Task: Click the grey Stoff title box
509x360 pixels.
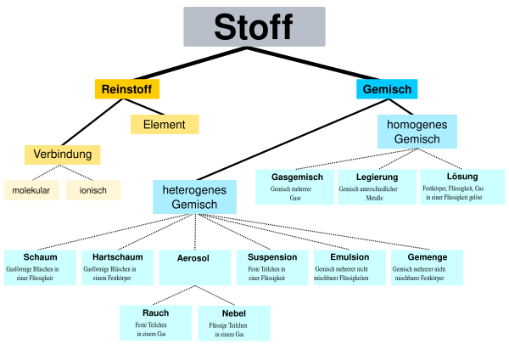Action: pyautogui.click(x=254, y=26)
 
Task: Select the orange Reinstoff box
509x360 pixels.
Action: pyautogui.click(x=126, y=89)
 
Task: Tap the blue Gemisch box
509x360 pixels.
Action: pyautogui.click(x=387, y=89)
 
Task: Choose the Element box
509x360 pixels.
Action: pyautogui.click(x=165, y=125)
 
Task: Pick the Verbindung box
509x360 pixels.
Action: pyautogui.click(x=63, y=155)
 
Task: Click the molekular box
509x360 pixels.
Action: pyautogui.click(x=31, y=190)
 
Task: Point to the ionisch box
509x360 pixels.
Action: pyautogui.click(x=93, y=190)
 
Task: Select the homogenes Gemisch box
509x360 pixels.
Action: pyautogui.click(x=417, y=132)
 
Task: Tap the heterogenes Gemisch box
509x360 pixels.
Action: pyautogui.click(x=194, y=197)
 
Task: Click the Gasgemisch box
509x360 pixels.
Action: pyautogui.click(x=295, y=187)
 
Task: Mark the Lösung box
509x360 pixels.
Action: pyautogui.click(x=462, y=187)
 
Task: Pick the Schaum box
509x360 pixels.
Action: pyautogui.click(x=41, y=267)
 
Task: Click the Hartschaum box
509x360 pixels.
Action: pyautogui.click(x=118, y=267)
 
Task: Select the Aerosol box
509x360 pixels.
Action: pyautogui.click(x=194, y=267)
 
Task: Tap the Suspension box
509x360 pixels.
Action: pyautogui.click(x=272, y=267)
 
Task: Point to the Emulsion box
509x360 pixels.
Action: pyautogui.click(x=350, y=267)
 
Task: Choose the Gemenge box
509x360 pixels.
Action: pyautogui.click(x=427, y=267)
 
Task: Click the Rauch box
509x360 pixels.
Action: pyautogui.click(x=156, y=323)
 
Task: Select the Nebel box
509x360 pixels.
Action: pyautogui.click(x=234, y=323)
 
